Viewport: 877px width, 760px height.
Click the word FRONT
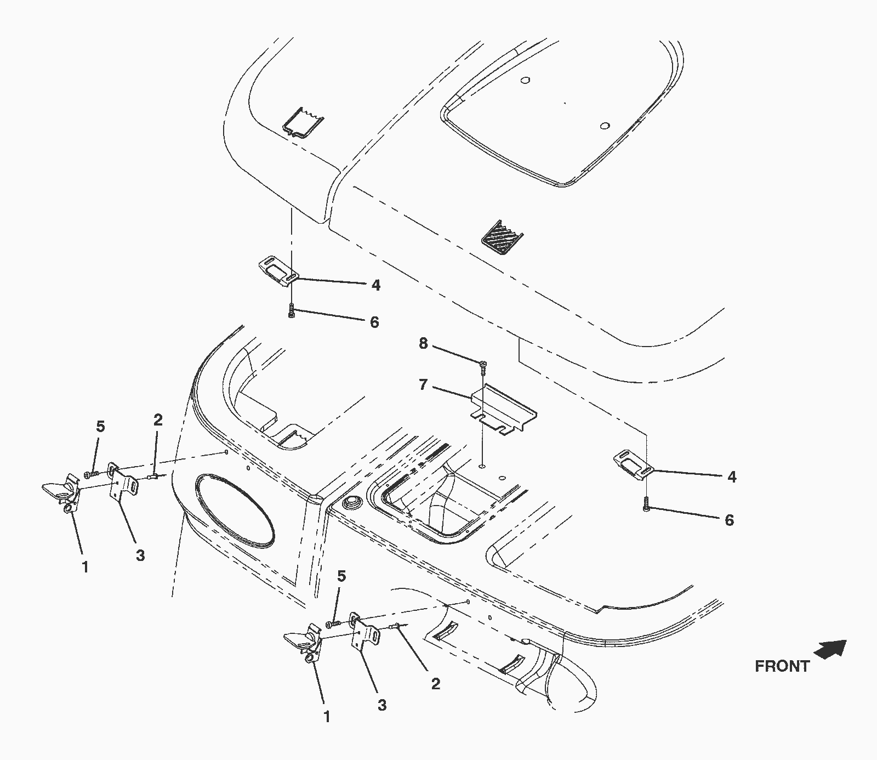[782, 666]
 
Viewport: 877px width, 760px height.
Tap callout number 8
[423, 343]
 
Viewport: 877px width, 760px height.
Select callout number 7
[423, 385]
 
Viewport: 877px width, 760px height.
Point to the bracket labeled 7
[504, 411]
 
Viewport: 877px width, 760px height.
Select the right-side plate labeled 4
[633, 462]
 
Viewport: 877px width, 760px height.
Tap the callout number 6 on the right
[729, 520]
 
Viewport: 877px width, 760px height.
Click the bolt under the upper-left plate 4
[292, 311]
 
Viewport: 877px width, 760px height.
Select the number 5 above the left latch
[100, 427]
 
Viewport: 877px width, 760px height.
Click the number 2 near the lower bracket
[436, 684]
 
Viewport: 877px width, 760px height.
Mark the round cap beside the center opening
[349, 503]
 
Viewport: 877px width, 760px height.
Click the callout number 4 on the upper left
[375, 285]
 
